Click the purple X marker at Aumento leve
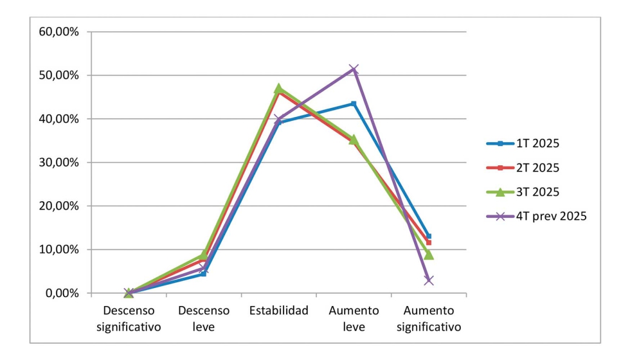tap(354, 69)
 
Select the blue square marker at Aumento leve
tap(354, 104)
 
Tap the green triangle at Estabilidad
tap(278, 88)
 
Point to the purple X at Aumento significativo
tap(429, 280)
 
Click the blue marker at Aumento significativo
tap(429, 237)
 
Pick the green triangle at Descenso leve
tap(204, 255)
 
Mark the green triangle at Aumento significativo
tap(429, 255)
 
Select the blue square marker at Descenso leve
tap(204, 274)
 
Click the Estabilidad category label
tap(278, 311)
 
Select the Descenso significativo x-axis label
tap(129, 319)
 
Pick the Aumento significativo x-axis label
tap(429, 319)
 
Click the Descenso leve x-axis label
tap(204, 319)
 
